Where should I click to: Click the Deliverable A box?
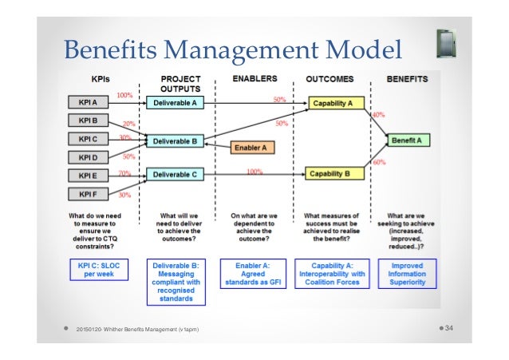[175, 104]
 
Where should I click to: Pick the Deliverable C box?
[175, 173]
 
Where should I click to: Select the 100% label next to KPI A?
[124, 96]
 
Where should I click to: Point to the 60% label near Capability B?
[378, 163]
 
